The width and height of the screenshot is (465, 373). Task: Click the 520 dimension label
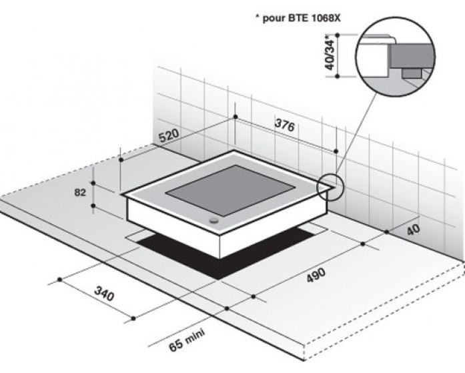[x=169, y=135]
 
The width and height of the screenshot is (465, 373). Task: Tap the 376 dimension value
[x=285, y=125]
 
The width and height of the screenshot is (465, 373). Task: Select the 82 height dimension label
[x=80, y=193]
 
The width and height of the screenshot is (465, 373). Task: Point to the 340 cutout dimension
[x=104, y=294]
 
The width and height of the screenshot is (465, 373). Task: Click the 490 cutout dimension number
[x=316, y=275]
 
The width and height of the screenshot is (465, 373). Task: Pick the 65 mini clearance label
[x=187, y=340]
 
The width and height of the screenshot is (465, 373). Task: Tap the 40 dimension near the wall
[x=413, y=230]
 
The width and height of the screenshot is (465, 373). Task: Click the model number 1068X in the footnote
[x=326, y=19]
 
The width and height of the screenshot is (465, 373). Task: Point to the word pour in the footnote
[x=274, y=19]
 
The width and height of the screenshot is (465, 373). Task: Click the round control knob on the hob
[x=213, y=220]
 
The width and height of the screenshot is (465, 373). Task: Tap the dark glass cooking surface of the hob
[x=230, y=190]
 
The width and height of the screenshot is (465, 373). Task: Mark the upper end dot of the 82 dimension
[x=93, y=183]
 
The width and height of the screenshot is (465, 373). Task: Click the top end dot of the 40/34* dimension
[x=337, y=35]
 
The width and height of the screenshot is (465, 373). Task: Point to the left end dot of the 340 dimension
[x=60, y=280]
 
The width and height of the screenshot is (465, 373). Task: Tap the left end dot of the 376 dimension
[x=236, y=117]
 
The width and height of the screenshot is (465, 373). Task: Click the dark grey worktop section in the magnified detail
[x=413, y=55]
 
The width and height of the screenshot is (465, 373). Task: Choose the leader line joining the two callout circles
[x=356, y=133]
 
